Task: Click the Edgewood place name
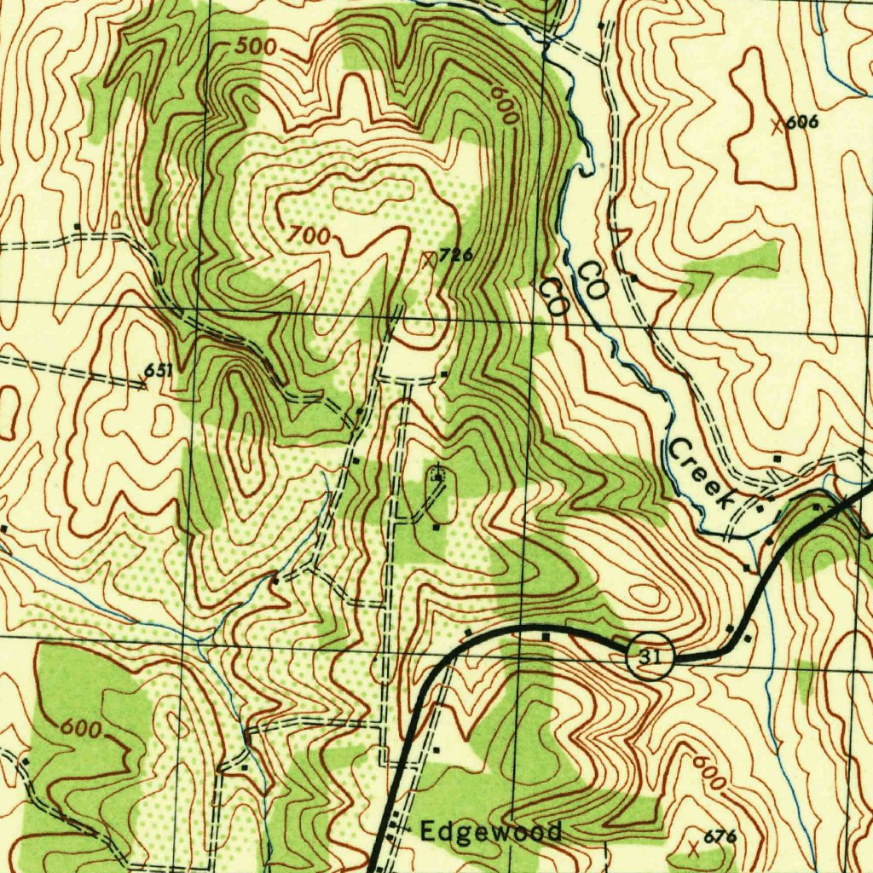click(x=489, y=831)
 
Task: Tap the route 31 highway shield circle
click(x=650, y=656)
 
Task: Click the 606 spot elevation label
click(x=801, y=123)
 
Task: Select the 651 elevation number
click(x=158, y=370)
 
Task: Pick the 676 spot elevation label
click(x=720, y=837)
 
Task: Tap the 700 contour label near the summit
click(x=308, y=236)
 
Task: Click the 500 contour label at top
click(x=255, y=48)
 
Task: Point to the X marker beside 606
click(x=777, y=127)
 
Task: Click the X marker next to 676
click(x=693, y=847)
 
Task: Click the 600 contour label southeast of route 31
click(x=709, y=772)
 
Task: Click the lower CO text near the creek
click(x=553, y=298)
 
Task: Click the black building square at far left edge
click(x=4, y=529)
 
